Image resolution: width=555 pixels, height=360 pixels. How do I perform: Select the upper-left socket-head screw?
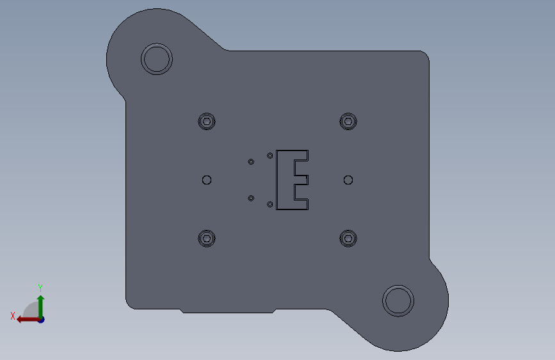[207, 122]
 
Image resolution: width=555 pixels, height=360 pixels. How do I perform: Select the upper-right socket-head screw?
[348, 122]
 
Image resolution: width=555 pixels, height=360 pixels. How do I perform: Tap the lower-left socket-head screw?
[207, 238]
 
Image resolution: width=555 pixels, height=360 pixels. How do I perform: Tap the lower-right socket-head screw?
[348, 238]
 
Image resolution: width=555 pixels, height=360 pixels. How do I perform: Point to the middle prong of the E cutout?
[302, 180]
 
